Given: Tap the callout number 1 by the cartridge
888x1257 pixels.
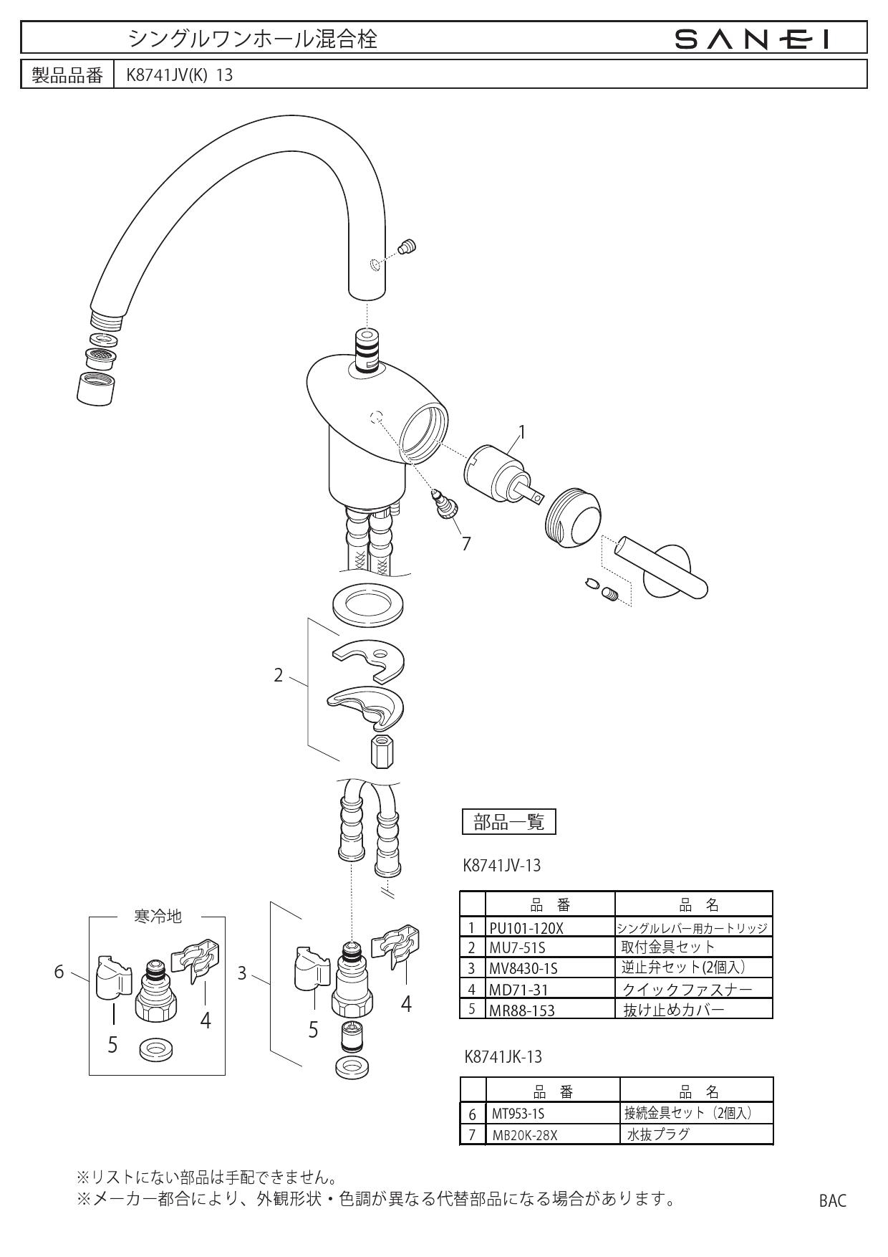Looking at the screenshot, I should point(522,431).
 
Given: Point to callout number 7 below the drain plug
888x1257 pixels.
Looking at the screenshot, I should point(466,544).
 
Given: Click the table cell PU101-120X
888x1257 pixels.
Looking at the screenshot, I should point(526,928).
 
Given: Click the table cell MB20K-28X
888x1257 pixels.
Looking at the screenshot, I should point(524,1134).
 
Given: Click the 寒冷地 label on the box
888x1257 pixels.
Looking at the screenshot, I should point(158,916).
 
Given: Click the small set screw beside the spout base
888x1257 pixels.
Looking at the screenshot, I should point(408,247).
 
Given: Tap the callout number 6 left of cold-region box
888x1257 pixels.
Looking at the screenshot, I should point(60,972).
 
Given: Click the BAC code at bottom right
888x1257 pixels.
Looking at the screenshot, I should point(832,1201).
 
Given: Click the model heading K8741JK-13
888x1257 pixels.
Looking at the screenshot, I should point(503,1056).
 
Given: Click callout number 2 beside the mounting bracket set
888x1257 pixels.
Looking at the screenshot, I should point(279,675).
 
